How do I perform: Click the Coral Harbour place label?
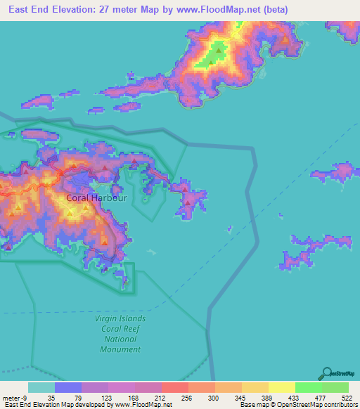(96, 198)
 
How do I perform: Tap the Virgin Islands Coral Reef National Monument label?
(120, 333)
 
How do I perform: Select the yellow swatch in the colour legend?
(281, 388)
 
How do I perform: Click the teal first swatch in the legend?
(41, 388)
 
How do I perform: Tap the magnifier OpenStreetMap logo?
(328, 374)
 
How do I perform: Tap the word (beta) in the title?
(271, 10)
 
